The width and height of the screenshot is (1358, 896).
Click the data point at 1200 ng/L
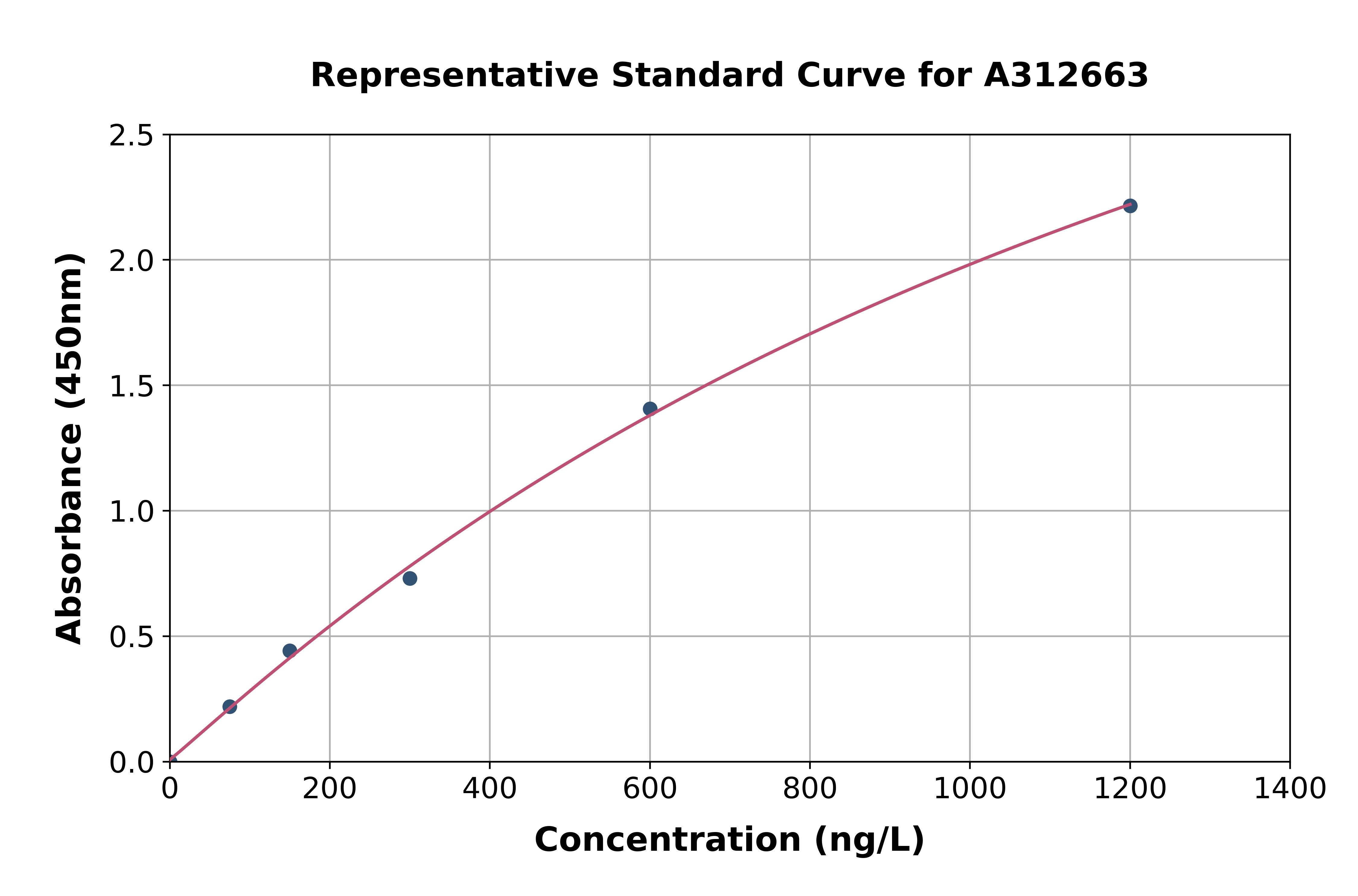pos(1129,206)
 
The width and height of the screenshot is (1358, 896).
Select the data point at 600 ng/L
pos(650,408)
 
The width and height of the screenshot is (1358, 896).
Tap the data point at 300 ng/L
pos(410,578)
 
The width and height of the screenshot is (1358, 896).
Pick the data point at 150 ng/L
pos(290,651)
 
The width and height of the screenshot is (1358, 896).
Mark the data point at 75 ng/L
pos(230,707)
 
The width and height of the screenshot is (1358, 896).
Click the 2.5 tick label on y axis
pos(132,136)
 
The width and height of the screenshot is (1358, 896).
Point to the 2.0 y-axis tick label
pos(132,261)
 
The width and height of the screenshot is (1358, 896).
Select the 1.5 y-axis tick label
pos(132,387)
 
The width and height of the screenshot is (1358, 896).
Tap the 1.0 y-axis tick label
pos(132,512)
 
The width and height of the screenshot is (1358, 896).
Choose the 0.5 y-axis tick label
pos(132,637)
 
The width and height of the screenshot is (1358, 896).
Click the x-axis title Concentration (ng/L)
pos(729,840)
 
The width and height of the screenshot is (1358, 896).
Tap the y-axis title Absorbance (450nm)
pos(70,449)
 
